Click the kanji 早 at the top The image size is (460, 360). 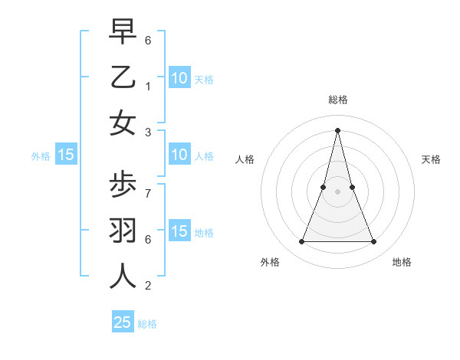[123, 31]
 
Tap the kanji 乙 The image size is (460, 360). [123, 77]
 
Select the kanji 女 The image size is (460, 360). [123, 123]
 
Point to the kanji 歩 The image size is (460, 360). [123, 185]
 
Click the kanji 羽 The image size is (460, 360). [123, 231]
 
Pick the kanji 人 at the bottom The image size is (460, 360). [123, 277]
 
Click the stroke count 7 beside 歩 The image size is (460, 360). [148, 193]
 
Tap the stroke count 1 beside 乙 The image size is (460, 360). [148, 86]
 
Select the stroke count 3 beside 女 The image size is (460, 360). [148, 132]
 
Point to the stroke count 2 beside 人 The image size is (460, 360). [148, 286]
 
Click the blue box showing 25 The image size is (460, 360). [123, 322]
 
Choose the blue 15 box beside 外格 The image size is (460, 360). [66, 155]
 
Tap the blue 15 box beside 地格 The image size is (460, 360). [179, 231]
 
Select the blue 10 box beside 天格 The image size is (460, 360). [179, 77]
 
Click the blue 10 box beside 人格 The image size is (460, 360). [179, 155]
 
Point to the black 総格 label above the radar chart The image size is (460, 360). [338, 100]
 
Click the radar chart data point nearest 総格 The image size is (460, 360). [338, 129]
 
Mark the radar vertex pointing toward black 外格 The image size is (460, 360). [301, 242]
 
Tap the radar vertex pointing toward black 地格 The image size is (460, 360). [374, 242]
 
